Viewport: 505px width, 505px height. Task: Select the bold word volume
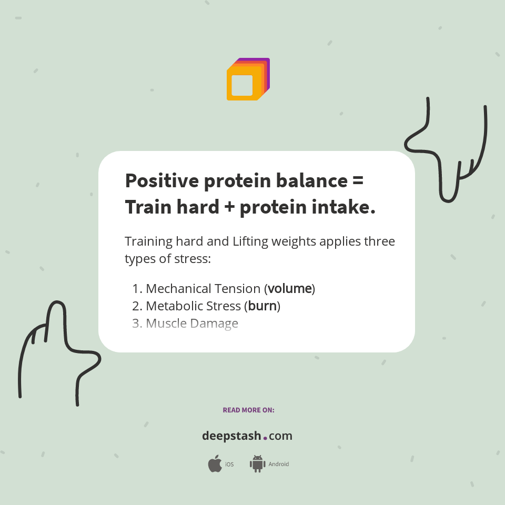point(290,289)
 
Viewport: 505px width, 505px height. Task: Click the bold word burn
point(262,306)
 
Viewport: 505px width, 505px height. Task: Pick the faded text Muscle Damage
point(191,324)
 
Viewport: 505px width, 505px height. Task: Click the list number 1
point(136,289)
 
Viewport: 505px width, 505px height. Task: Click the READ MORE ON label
point(248,410)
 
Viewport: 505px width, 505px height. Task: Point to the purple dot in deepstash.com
point(265,438)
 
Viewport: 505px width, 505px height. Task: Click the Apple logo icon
point(215,464)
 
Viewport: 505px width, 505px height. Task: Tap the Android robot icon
point(257,464)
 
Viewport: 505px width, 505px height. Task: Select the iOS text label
point(229,464)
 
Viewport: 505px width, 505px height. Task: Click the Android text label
point(278,464)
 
